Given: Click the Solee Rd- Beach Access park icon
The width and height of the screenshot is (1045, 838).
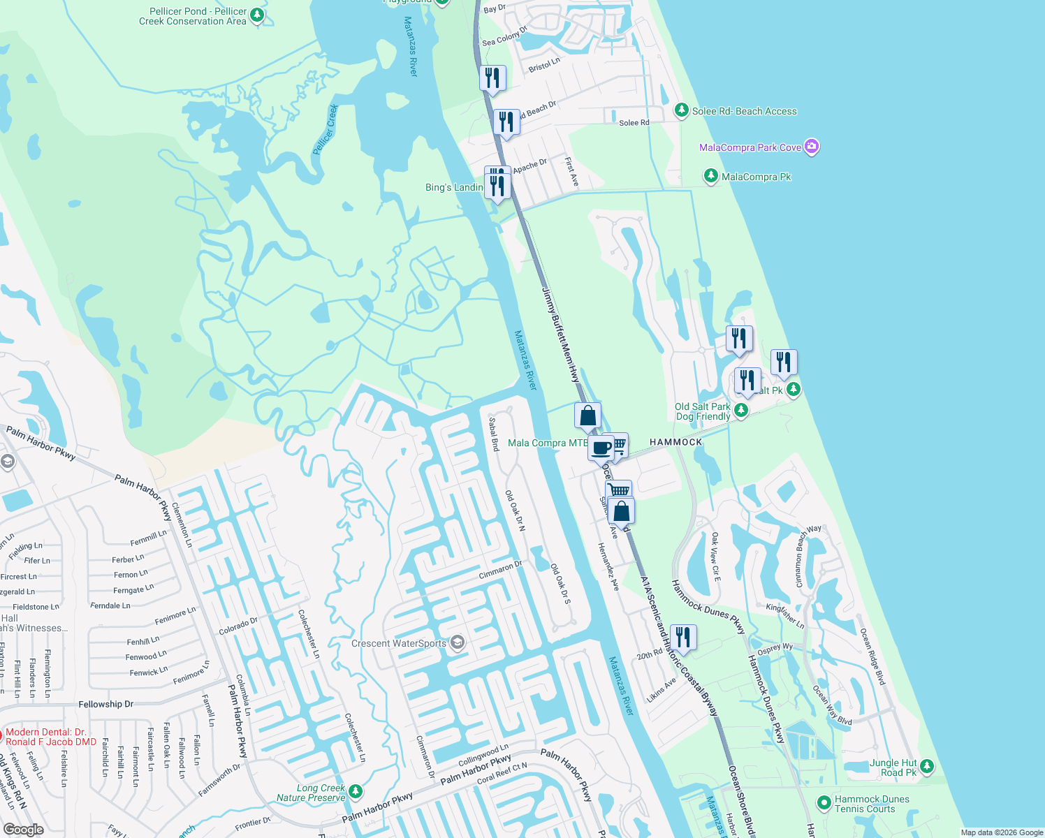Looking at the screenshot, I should [x=681, y=110].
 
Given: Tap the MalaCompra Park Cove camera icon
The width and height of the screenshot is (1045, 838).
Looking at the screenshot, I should [x=811, y=147].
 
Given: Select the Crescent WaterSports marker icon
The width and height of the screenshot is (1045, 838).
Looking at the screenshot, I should [x=457, y=642].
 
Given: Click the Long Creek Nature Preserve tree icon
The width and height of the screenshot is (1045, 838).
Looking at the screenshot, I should [x=356, y=791].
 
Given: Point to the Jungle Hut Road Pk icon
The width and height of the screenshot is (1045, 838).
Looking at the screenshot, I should [x=927, y=766].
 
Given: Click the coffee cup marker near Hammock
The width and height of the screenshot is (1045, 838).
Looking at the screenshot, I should [x=601, y=448].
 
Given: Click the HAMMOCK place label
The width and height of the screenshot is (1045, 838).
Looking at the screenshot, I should [x=675, y=442].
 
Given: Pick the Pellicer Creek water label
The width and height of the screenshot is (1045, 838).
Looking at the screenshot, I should [x=326, y=129].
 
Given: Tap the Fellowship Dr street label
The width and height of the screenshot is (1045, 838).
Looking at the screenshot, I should [x=105, y=704].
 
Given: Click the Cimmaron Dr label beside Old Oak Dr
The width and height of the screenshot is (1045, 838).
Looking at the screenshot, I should [x=500, y=570].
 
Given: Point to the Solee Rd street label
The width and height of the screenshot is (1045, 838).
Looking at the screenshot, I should [x=634, y=123].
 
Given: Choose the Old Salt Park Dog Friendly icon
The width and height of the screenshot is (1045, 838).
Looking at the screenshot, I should [x=741, y=411].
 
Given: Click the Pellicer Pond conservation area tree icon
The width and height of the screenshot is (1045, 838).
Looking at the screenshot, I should [x=257, y=15].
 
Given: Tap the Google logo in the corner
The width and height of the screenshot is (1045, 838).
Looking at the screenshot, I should [x=23, y=830].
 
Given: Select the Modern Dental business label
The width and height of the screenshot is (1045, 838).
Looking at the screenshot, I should [x=50, y=737].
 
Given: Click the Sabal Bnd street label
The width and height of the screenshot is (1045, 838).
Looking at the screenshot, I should [x=494, y=434].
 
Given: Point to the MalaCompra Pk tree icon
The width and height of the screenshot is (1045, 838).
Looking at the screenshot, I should [x=710, y=176].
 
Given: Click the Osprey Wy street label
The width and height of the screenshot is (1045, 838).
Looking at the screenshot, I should [x=775, y=649].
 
